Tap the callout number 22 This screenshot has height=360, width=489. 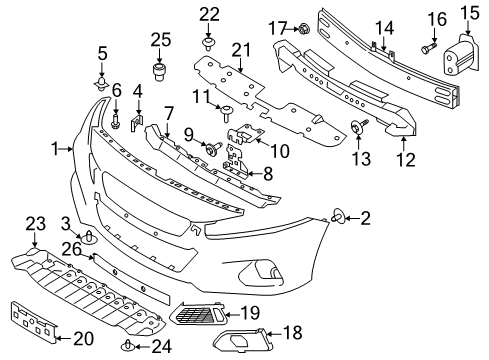click(208, 13)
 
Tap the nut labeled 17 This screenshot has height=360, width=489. click(301, 31)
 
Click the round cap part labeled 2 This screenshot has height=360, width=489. click(339, 241)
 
